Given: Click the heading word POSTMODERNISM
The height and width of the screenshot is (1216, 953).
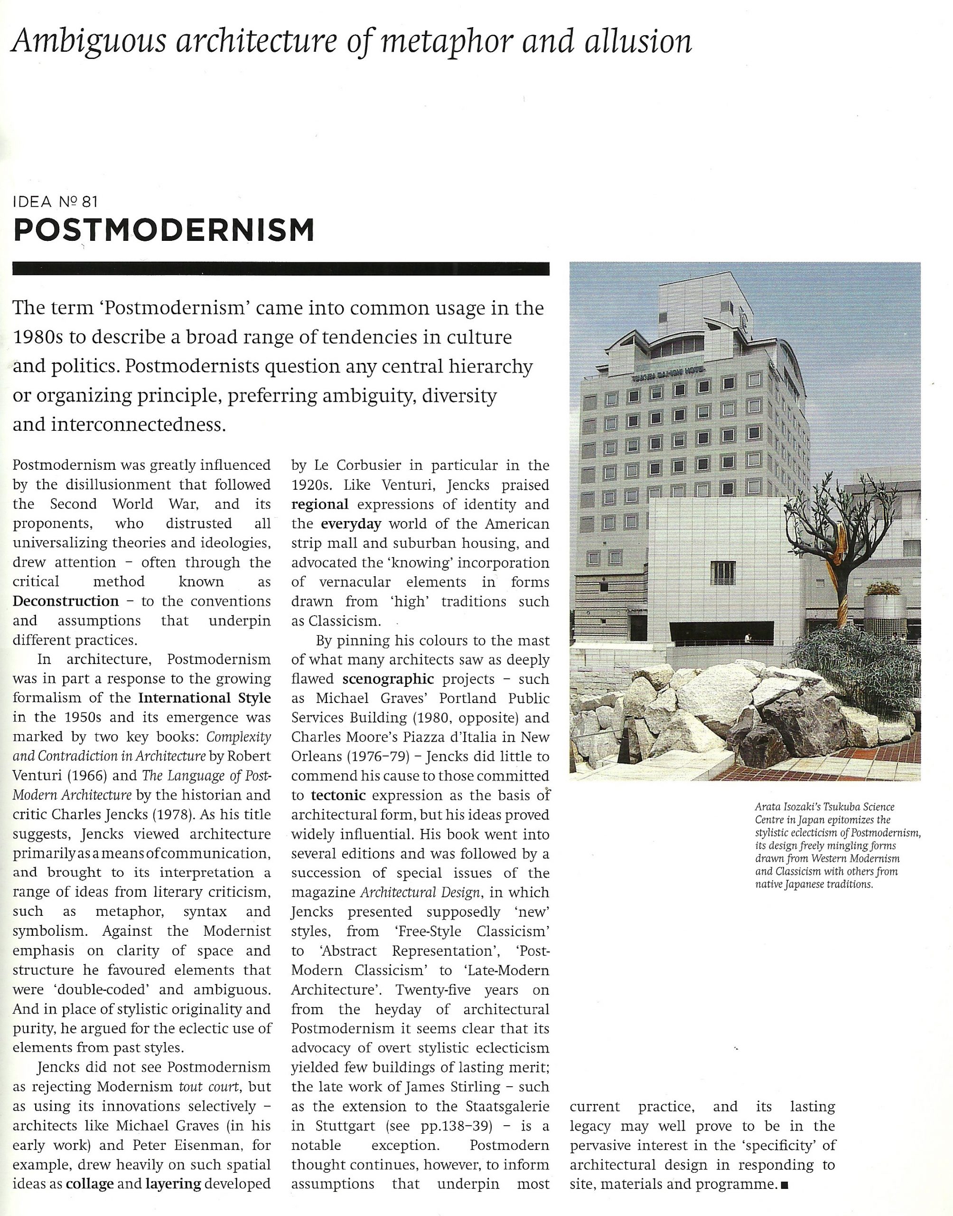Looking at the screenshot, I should point(163,230).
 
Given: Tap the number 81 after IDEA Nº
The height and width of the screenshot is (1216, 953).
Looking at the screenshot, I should point(89,201).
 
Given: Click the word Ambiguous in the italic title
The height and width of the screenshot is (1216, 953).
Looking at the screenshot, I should point(88,41).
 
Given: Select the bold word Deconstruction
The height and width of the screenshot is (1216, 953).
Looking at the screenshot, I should point(66,601).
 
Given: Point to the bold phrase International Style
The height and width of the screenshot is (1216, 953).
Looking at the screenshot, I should point(204,698).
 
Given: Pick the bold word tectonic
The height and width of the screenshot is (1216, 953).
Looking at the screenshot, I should point(338,795).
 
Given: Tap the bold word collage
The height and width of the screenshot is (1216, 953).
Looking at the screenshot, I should point(89,1184).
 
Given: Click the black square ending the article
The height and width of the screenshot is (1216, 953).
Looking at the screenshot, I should point(785,1185).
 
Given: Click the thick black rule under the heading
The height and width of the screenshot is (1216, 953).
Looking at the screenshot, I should point(280,269).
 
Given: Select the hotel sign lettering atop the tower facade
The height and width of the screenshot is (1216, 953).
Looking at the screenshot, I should point(668,375).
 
